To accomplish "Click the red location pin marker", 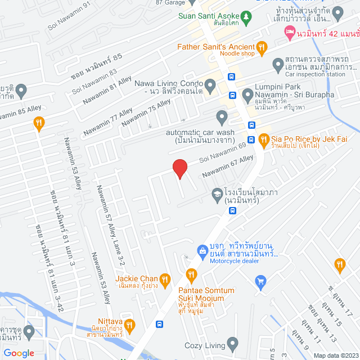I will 179,168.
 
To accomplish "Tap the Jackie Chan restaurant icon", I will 165,278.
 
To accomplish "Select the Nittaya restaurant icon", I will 129,325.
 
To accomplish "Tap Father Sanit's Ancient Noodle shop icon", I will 261,47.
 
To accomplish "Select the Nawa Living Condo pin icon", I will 210,86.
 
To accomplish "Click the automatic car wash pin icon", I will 222,118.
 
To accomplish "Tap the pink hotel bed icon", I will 290,34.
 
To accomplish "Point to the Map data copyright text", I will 335,355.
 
